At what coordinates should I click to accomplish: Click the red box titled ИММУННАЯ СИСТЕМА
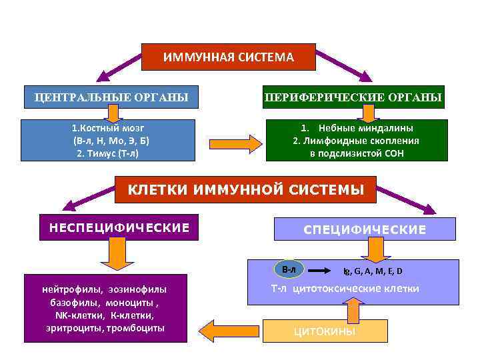click(229, 57)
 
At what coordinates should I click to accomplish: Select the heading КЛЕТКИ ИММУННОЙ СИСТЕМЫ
click(246, 189)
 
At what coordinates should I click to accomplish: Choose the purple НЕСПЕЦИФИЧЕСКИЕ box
click(119, 228)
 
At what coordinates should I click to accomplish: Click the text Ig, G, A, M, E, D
click(373, 271)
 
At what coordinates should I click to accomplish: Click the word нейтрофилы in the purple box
click(67, 289)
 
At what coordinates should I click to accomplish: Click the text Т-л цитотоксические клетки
click(345, 289)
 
